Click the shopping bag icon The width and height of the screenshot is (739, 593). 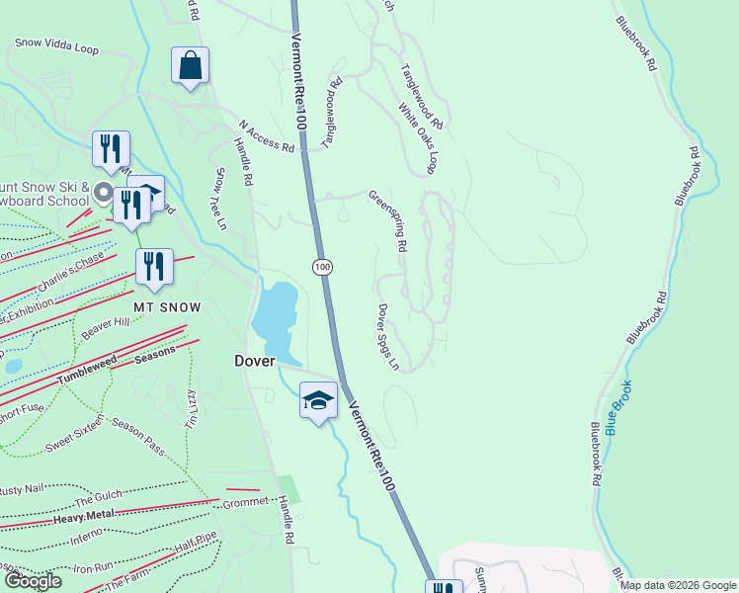190,66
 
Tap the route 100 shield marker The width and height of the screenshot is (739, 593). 322,267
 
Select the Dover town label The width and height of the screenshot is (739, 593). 254,361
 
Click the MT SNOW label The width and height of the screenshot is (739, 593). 167,307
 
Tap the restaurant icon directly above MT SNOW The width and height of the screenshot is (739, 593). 154,267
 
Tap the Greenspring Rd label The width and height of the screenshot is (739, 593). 388,222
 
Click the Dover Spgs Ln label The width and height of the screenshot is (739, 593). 387,336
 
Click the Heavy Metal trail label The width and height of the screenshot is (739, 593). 84,516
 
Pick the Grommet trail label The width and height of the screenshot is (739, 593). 245,502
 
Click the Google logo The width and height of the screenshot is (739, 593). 33,581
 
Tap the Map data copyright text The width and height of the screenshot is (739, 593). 677,585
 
